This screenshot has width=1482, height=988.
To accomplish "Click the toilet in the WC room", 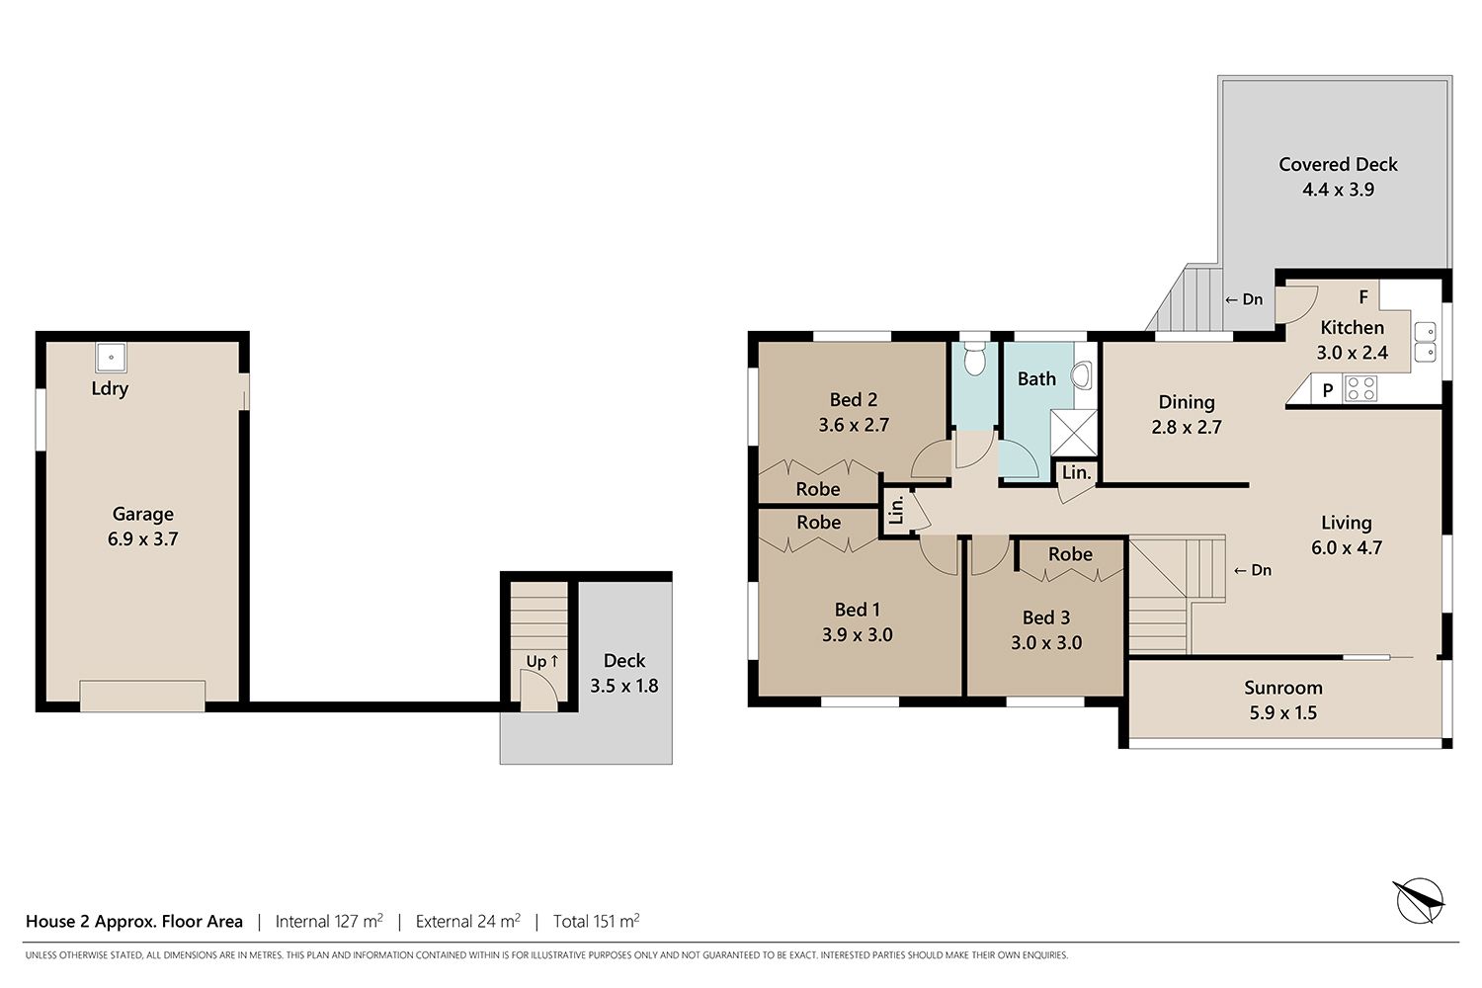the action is [x=974, y=359].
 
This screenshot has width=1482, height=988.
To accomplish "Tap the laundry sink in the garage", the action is [x=111, y=358].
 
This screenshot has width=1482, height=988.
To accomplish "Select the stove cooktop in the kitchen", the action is [x=1360, y=388].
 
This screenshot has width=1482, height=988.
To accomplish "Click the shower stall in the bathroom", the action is [x=1073, y=433].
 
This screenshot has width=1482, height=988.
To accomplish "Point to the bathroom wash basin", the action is [x=1083, y=375].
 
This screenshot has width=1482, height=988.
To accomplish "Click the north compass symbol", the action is [x=1419, y=900].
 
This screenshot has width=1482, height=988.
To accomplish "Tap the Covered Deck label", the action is [x=1338, y=164].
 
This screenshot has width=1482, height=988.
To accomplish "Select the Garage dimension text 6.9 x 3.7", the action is [x=143, y=538].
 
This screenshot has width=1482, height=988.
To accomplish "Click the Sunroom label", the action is [x=1282, y=688].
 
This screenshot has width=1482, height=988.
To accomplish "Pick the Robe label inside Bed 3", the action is [x=1070, y=554].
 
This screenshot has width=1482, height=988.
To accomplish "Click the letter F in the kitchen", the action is [x=1362, y=297].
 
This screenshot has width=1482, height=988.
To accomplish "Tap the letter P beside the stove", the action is [x=1327, y=390].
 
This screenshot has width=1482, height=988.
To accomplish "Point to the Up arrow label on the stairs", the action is [x=541, y=661].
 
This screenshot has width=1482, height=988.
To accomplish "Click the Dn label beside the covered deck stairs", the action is [x=1244, y=299].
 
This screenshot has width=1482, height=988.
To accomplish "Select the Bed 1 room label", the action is [x=857, y=610].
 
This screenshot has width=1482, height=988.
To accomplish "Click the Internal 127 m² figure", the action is [x=329, y=921].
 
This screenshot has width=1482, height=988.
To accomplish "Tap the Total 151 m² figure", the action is [x=596, y=921].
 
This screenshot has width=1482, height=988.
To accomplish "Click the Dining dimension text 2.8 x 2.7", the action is [x=1187, y=427].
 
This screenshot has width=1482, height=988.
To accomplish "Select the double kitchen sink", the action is [x=1425, y=342].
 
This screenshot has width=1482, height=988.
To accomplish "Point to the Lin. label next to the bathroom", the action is [x=1077, y=472].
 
